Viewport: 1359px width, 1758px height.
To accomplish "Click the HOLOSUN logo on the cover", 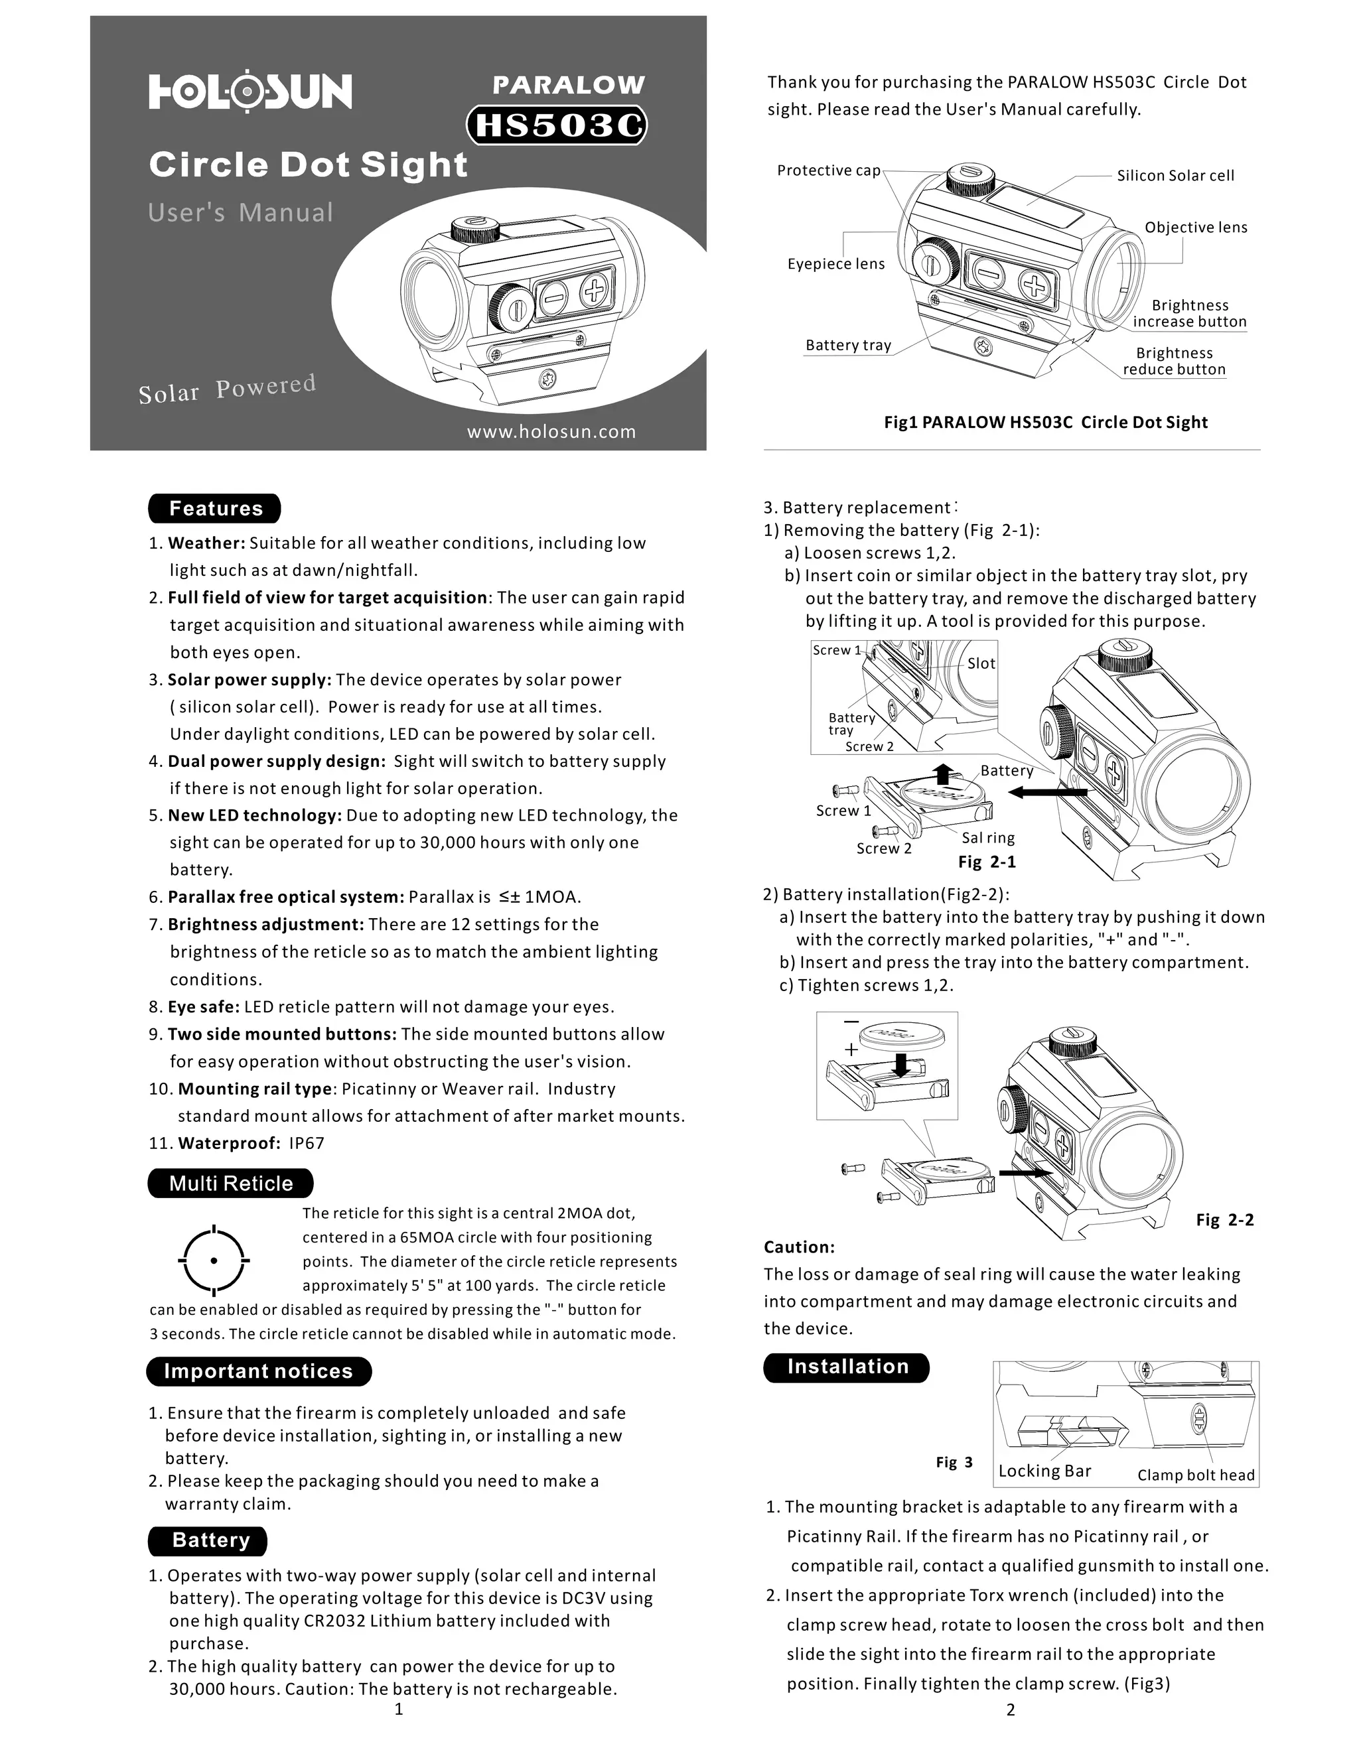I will [x=250, y=91].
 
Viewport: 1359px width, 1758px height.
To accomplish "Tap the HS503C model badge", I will [x=557, y=125].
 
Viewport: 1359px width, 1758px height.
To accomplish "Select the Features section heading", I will [x=215, y=509].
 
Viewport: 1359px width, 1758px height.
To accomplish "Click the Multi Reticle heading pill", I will [x=230, y=1183].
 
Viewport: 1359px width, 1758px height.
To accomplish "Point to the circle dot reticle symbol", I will [x=214, y=1260].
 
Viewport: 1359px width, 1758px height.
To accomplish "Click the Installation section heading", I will [x=847, y=1366].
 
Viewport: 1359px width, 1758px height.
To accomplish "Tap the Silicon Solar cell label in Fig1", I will [x=1175, y=176].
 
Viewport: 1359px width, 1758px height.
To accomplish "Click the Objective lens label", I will [x=1196, y=228].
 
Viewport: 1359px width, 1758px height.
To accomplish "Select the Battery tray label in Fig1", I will [x=848, y=346].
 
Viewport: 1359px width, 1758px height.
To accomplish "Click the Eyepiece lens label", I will [x=835, y=264].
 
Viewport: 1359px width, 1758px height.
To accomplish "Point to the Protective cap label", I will [x=828, y=170].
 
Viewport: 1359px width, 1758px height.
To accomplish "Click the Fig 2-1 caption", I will [x=986, y=862].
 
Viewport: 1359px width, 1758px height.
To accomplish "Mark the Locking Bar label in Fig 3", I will [x=1044, y=1471].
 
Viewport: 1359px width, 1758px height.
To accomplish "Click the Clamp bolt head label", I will [x=1196, y=1475].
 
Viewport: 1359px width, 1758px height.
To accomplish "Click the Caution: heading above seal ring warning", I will [x=799, y=1247].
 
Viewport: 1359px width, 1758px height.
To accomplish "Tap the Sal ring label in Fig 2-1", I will [x=988, y=838].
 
